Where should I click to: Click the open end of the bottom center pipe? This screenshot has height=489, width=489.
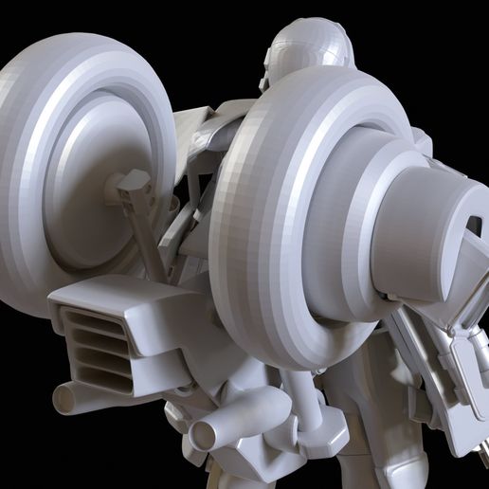coord(202,437)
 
